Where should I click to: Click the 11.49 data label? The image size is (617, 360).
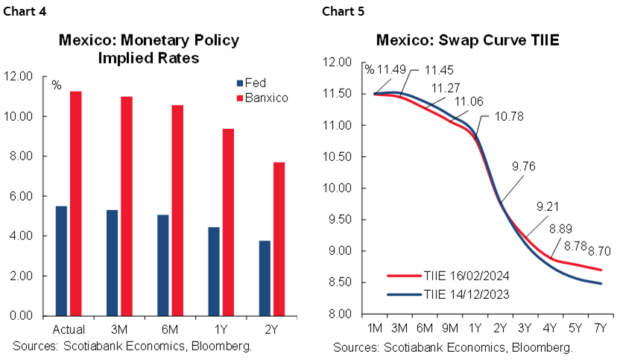click(x=392, y=69)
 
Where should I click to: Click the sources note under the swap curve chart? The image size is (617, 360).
click(x=452, y=347)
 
